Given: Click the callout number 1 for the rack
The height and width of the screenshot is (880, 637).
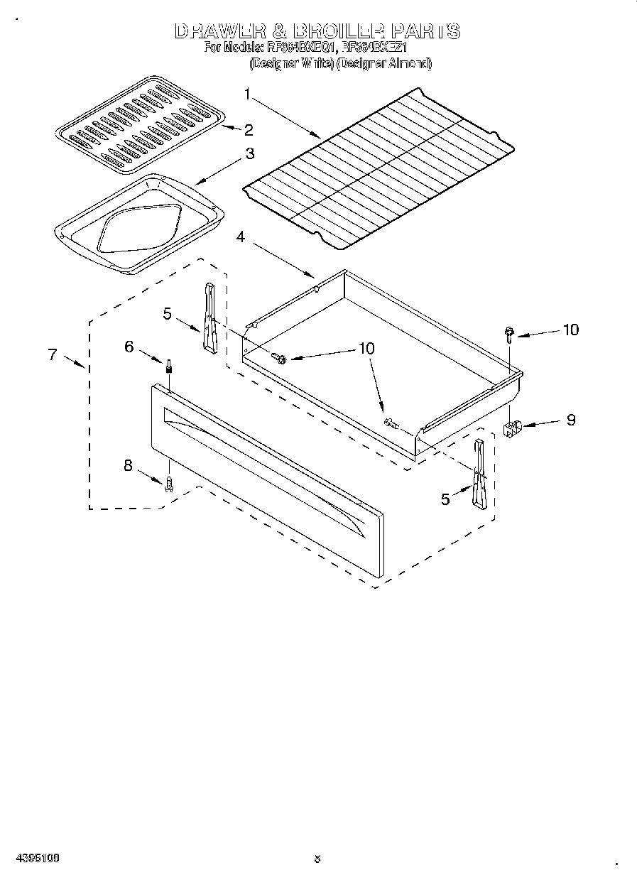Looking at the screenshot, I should click(x=246, y=94).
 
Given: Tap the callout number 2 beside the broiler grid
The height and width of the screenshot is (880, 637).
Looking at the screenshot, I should click(x=249, y=129).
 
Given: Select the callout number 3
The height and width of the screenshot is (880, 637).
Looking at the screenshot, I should click(x=249, y=153).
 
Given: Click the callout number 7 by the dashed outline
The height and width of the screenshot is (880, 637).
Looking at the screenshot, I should click(x=53, y=354).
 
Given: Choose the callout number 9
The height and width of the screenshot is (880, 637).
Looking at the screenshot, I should click(x=570, y=420).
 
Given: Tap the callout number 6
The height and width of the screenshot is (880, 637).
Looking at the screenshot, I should click(x=129, y=346).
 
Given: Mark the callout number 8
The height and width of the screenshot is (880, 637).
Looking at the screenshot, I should click(x=128, y=466).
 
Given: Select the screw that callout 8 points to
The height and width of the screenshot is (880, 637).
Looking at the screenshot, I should click(x=169, y=484).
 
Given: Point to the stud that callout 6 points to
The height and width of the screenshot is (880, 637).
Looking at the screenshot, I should click(x=169, y=366).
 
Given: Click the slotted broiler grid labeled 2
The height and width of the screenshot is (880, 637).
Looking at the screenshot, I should click(x=141, y=126).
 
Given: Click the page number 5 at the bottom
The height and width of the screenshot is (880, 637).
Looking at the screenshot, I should click(x=317, y=859).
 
